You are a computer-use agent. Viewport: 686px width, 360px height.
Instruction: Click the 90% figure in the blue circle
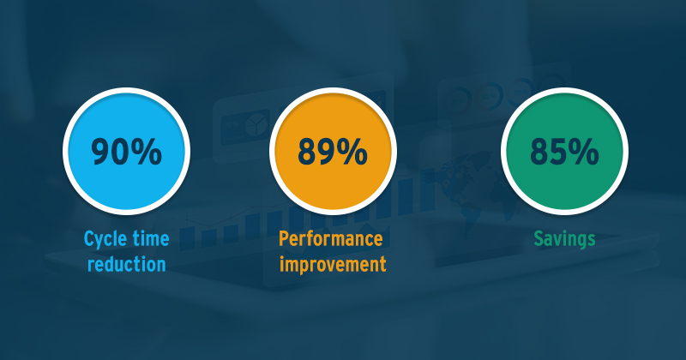tap(126, 152)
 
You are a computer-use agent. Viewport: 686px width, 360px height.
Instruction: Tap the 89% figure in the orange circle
tap(333, 152)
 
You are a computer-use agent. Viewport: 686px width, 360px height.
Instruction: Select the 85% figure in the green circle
tap(564, 152)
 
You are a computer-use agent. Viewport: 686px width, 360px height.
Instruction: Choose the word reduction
tap(126, 264)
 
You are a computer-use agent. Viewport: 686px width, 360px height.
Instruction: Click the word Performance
tap(331, 239)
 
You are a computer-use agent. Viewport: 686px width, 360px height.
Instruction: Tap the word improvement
tap(333, 265)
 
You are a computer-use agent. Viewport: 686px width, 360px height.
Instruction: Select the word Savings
tap(564, 240)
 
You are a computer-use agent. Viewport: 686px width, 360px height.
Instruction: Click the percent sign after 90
tap(146, 152)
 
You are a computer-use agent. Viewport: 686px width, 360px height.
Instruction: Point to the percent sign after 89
tap(352, 152)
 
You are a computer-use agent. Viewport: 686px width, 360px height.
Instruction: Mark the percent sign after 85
tap(584, 152)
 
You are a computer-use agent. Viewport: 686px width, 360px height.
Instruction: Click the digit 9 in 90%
tap(99, 152)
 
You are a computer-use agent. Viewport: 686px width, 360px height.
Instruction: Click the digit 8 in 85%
tap(539, 152)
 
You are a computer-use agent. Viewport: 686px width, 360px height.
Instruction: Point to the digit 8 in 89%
tap(307, 152)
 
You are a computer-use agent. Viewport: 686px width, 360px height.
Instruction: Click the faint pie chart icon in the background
tap(256, 125)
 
